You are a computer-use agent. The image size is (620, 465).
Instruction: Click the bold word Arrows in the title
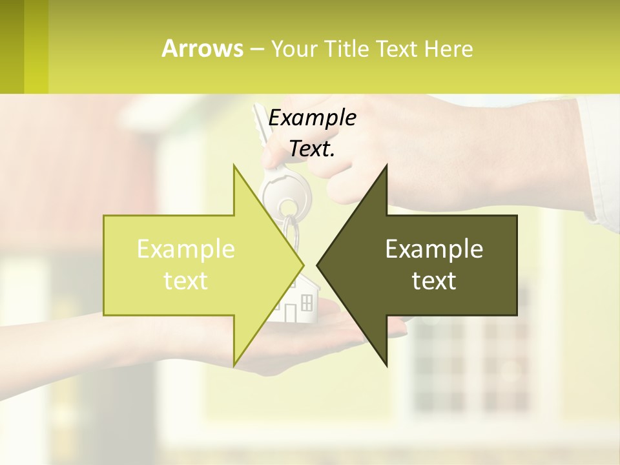tap(203, 48)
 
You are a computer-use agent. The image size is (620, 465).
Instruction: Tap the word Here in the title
tap(448, 48)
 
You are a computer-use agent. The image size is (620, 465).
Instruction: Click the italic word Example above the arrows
tap(312, 118)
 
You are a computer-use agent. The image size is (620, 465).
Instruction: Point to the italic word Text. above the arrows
tap(312, 149)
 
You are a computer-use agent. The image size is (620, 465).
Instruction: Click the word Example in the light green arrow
tap(185, 249)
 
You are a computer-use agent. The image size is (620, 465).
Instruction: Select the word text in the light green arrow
tap(185, 281)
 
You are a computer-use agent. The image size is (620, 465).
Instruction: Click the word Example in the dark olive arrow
tap(434, 249)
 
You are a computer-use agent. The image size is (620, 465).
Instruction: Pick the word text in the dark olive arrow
tap(434, 281)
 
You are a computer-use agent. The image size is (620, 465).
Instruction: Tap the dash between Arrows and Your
tap(256, 49)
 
